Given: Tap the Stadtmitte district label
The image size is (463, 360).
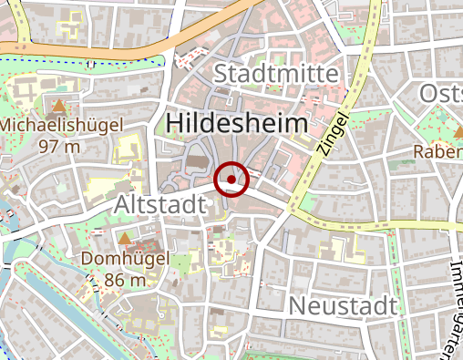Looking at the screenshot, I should click(x=276, y=73).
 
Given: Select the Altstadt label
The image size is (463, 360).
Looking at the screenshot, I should click(x=159, y=206).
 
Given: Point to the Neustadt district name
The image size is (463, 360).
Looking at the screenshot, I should click(x=344, y=306).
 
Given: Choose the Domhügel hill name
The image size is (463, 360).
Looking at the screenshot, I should click(x=125, y=260).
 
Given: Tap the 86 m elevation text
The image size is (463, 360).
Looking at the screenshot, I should click(x=125, y=280).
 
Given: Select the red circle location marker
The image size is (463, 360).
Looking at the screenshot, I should click(x=232, y=180).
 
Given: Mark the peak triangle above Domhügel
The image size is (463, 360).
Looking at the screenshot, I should click(x=124, y=239).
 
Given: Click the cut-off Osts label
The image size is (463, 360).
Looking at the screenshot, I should click(x=441, y=93).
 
